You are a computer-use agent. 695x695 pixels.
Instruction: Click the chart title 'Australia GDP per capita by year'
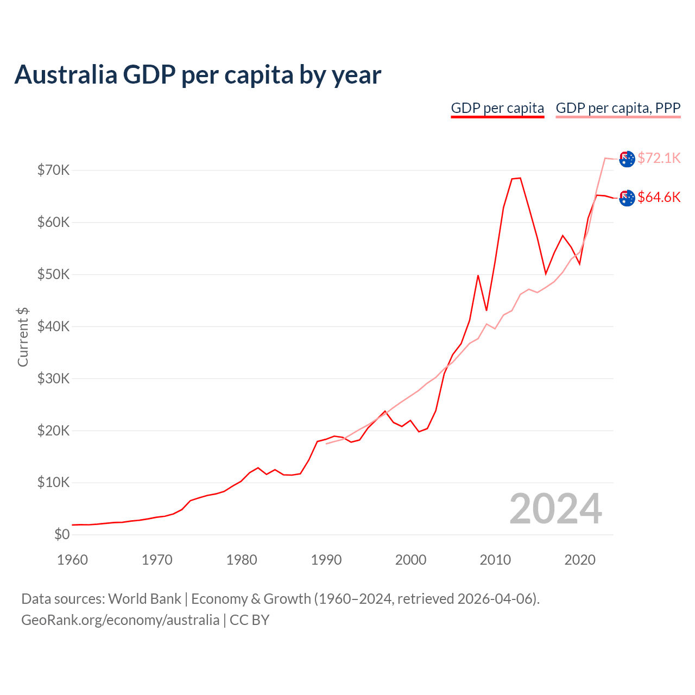[198, 75]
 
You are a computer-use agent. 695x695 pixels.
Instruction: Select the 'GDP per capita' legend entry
[497, 108]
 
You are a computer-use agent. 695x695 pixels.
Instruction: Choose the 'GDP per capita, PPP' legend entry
[618, 108]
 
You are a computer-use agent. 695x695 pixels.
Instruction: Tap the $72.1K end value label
[659, 158]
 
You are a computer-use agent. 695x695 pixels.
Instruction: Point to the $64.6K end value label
[659, 197]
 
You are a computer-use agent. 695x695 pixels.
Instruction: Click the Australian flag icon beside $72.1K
[627, 159]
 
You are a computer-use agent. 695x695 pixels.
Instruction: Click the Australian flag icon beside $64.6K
[627, 198]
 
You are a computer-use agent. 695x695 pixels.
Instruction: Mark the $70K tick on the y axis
[53, 170]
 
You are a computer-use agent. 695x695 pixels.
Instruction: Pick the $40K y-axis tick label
[53, 326]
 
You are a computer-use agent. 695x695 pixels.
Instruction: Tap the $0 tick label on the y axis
[62, 535]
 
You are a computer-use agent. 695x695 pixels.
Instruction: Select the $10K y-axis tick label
[53, 483]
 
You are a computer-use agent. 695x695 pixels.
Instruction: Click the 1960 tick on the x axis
[72, 560]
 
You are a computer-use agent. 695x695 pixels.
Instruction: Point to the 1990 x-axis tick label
[326, 560]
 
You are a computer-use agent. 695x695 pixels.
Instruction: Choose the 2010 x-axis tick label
[495, 560]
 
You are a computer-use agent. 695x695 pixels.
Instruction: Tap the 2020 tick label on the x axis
[580, 560]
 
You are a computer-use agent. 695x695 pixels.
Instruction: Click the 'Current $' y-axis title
[23, 337]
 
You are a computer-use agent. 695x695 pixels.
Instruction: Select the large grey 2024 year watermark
[555, 509]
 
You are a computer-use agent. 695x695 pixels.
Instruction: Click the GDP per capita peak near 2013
[520, 178]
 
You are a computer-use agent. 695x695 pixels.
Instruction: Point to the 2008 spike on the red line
[478, 275]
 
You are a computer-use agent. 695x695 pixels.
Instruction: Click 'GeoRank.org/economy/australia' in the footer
[120, 620]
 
